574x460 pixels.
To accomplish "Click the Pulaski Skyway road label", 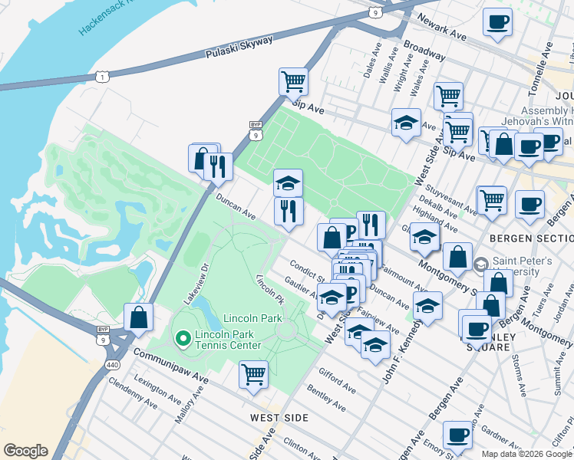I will pos(239,48).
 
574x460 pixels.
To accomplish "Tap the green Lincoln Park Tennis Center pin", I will pos(183,337).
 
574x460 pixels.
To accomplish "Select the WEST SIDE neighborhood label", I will pos(279,418).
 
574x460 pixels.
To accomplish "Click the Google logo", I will pos(25,451).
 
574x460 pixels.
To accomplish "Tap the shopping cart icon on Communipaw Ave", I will pos(253,375).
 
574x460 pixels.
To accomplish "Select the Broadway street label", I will pos(424,51).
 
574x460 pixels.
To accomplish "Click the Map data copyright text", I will pos(526,453).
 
